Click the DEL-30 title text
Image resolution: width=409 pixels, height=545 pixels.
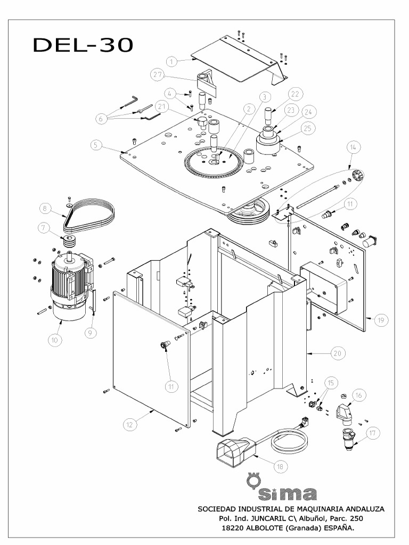[83, 45]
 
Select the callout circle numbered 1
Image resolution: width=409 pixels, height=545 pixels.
[171, 62]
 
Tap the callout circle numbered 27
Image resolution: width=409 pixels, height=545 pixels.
[157, 75]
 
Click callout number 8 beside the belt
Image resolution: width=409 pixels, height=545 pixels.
[46, 208]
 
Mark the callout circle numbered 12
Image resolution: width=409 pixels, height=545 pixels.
[129, 424]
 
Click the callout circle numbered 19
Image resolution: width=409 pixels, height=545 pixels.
[381, 320]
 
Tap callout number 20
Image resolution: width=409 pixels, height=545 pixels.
[338, 353]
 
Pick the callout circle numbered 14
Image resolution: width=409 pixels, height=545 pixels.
[353, 147]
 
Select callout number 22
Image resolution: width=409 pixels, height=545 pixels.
[296, 94]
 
